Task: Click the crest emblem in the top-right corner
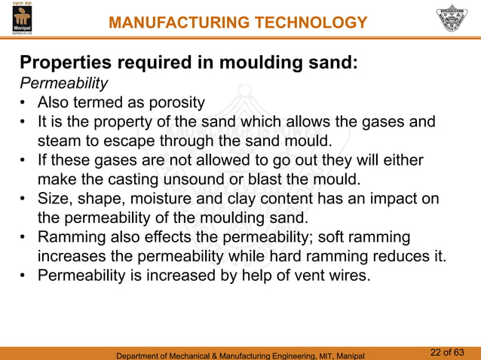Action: pyautogui.click(x=452, y=20)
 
